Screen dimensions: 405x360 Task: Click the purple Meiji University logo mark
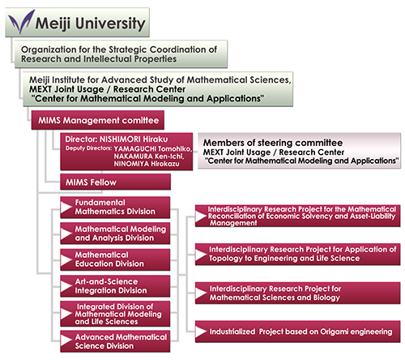click(x=21, y=22)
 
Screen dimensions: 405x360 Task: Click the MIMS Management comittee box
click(x=98, y=120)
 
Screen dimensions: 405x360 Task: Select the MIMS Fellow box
click(x=115, y=182)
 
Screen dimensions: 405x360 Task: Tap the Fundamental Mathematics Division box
click(x=115, y=208)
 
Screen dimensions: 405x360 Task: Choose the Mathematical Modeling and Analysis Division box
click(x=115, y=234)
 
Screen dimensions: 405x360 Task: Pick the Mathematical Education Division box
click(x=115, y=259)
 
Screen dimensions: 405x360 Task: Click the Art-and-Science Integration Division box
click(x=115, y=286)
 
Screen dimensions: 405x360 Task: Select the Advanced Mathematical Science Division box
click(x=115, y=341)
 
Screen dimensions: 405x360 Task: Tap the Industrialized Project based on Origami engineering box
click(x=297, y=332)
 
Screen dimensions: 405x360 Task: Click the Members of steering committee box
click(x=300, y=151)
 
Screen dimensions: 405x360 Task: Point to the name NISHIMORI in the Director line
click(x=120, y=139)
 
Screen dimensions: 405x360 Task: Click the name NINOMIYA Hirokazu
click(x=147, y=164)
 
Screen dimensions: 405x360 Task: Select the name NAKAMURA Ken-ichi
click(x=149, y=156)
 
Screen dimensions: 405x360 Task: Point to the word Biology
click(x=326, y=298)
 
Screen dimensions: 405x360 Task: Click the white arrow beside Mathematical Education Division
click(x=66, y=260)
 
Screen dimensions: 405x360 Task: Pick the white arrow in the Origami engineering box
click(x=201, y=332)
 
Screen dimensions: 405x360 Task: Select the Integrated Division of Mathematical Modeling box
click(x=115, y=314)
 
